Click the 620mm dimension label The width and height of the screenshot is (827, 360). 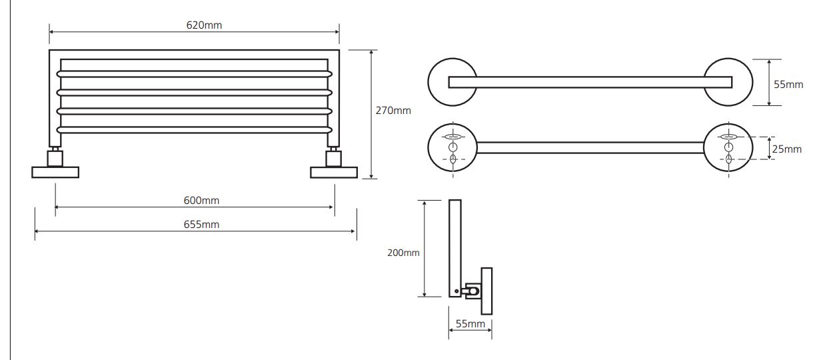pos(204,25)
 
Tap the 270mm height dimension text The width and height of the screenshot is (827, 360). pos(393,111)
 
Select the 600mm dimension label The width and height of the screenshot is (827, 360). pos(201,201)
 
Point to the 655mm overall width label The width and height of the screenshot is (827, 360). pos(201,225)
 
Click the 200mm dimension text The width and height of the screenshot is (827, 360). pos(403,253)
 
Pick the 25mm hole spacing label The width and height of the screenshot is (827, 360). pos(787,149)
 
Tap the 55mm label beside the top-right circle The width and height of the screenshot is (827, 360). pos(788,85)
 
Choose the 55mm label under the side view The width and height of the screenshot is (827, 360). pos(470,324)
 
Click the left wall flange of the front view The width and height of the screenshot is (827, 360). pos(55,173)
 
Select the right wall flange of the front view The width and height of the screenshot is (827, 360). pos(334,173)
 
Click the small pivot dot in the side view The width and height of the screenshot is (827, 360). pos(456,291)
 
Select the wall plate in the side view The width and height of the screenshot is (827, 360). pos(486,291)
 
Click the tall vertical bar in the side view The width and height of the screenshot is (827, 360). pos(455,248)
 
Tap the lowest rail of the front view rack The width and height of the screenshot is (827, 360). pos(194,130)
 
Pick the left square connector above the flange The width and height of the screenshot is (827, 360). pos(55,159)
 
